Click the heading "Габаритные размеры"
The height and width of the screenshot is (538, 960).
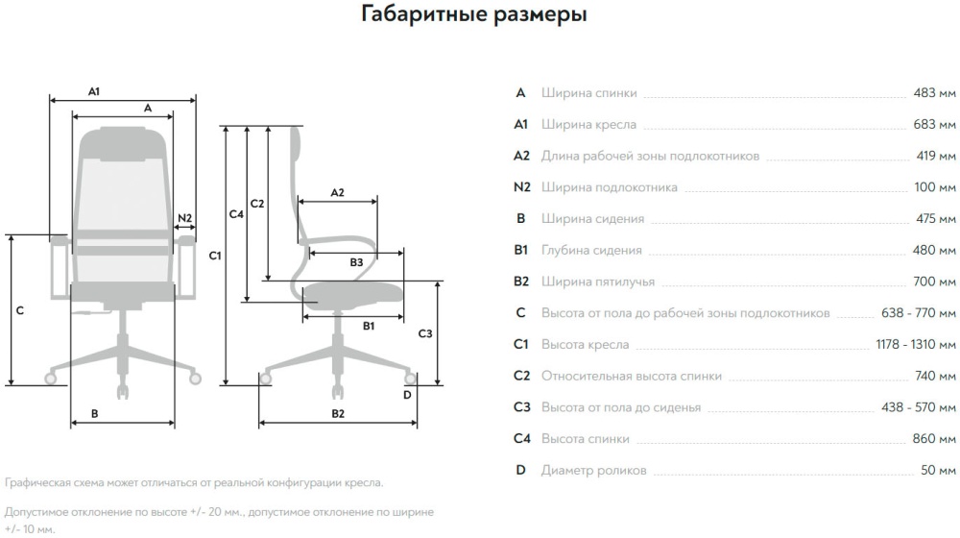[474, 15]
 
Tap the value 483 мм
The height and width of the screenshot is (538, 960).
[934, 93]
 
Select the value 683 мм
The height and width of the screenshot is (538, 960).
[934, 125]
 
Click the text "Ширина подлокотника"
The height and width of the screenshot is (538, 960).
[609, 187]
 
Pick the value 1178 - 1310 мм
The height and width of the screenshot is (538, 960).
[916, 345]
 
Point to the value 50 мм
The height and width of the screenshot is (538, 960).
[938, 471]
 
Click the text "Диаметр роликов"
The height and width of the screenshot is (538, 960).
[593, 471]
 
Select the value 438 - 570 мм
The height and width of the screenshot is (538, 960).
[919, 407]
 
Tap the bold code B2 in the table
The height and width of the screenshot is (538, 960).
[521, 281]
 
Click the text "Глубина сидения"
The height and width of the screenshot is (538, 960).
[591, 251]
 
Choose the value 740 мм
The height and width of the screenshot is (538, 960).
[934, 377]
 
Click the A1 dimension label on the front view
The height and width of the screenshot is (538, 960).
[94, 91]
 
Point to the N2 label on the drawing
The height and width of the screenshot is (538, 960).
[185, 217]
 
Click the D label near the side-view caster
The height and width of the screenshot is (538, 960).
[407, 394]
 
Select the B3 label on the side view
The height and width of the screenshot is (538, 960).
[356, 261]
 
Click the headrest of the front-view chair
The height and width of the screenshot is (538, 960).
[123, 142]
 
